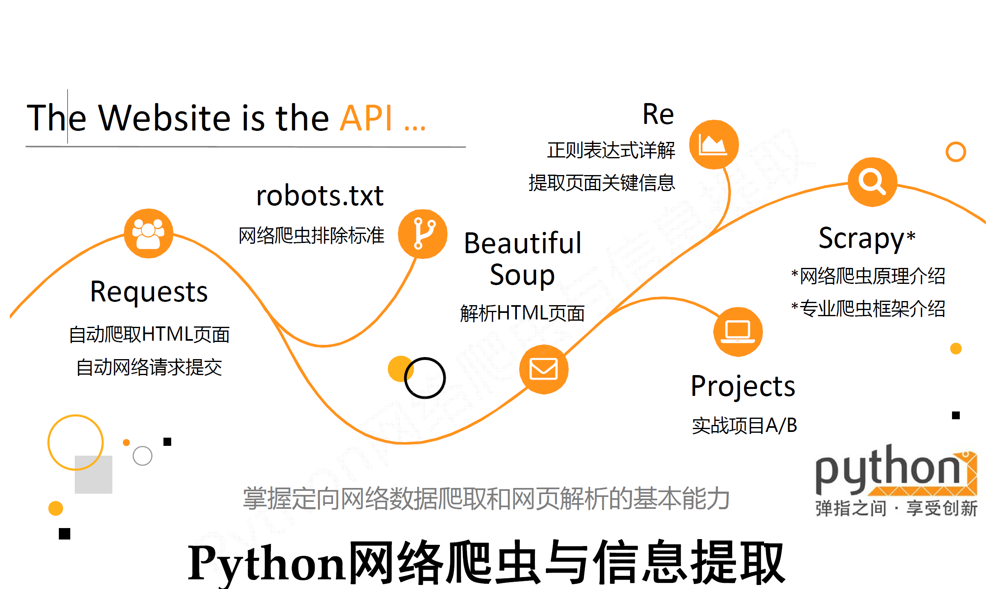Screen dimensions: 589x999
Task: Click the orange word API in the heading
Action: pos(366,118)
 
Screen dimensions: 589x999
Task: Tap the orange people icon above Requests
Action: pos(148,234)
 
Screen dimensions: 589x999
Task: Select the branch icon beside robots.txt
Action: pos(422,234)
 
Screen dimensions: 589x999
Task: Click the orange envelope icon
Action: pos(543,369)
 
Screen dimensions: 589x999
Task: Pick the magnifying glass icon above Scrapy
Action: pos(872,182)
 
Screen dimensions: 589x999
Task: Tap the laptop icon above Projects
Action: pos(738,332)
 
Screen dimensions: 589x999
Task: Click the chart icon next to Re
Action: pos(713,144)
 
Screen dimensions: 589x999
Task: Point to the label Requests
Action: pos(149,292)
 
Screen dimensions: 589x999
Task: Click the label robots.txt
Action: pos(320,196)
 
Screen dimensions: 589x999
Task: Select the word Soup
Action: pos(522,275)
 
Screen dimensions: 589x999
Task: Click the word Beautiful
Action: pos(523,243)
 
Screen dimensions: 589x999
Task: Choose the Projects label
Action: pos(743,386)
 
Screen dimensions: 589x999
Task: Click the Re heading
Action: pos(658,114)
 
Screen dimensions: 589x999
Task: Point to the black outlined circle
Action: pos(425,378)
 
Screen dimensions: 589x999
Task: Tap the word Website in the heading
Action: pos(165,118)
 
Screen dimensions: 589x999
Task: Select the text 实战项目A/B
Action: pos(744,425)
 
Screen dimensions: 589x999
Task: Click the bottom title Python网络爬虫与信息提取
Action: pos(486,563)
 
